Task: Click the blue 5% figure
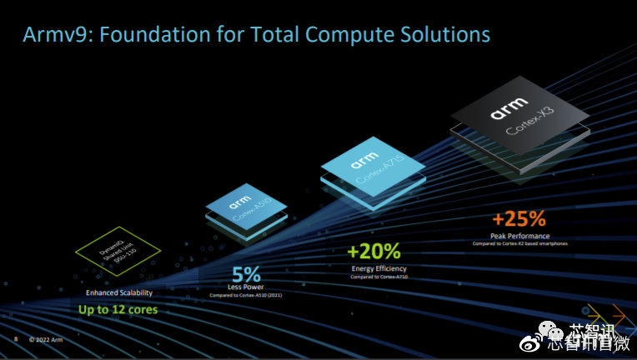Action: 247,274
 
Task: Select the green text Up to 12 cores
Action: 118,310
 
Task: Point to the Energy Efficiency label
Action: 374,268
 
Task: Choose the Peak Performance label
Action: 518,236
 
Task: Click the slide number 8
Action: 16,339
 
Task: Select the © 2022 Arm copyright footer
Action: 46,339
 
